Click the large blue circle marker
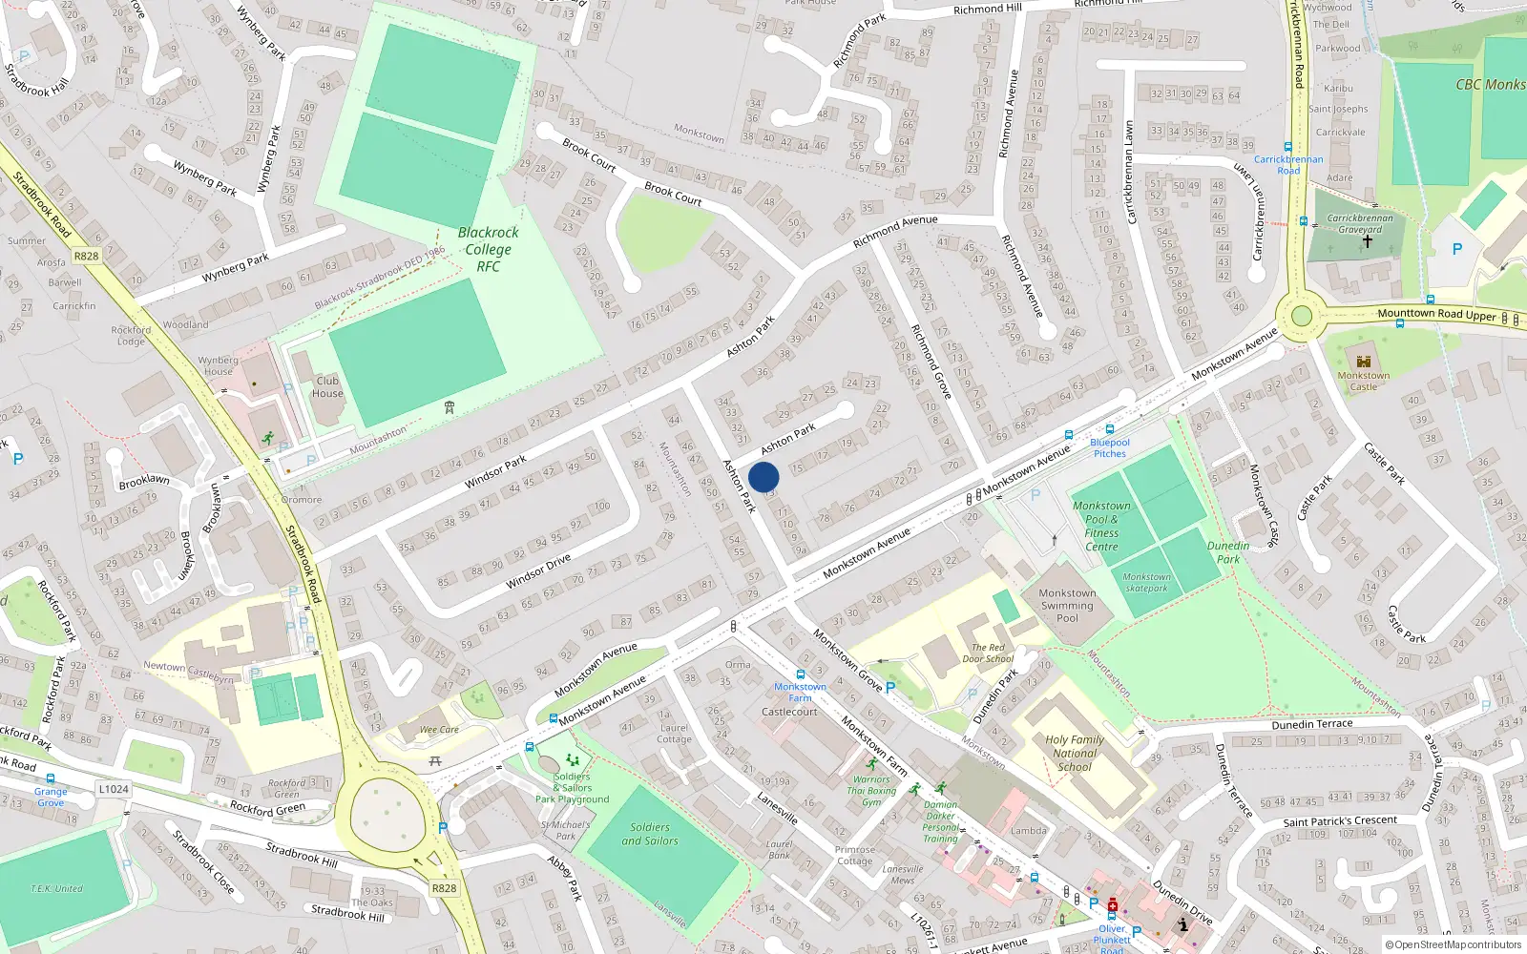(x=763, y=477)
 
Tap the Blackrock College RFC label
(x=488, y=249)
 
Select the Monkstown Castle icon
(x=1363, y=362)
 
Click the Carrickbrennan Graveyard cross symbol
(x=1367, y=242)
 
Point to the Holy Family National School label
(x=1075, y=753)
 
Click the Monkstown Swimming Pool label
(x=1067, y=605)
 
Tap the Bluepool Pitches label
(x=1110, y=447)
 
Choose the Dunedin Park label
(x=1228, y=552)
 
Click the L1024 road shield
(x=114, y=789)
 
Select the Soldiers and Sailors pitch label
(x=650, y=834)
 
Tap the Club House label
(x=327, y=386)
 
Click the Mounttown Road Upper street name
(x=1436, y=314)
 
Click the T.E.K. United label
(x=57, y=888)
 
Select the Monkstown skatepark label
(x=1146, y=582)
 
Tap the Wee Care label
(x=440, y=730)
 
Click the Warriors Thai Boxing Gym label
(x=871, y=791)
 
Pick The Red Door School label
(x=988, y=653)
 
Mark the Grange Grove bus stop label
(x=51, y=797)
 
